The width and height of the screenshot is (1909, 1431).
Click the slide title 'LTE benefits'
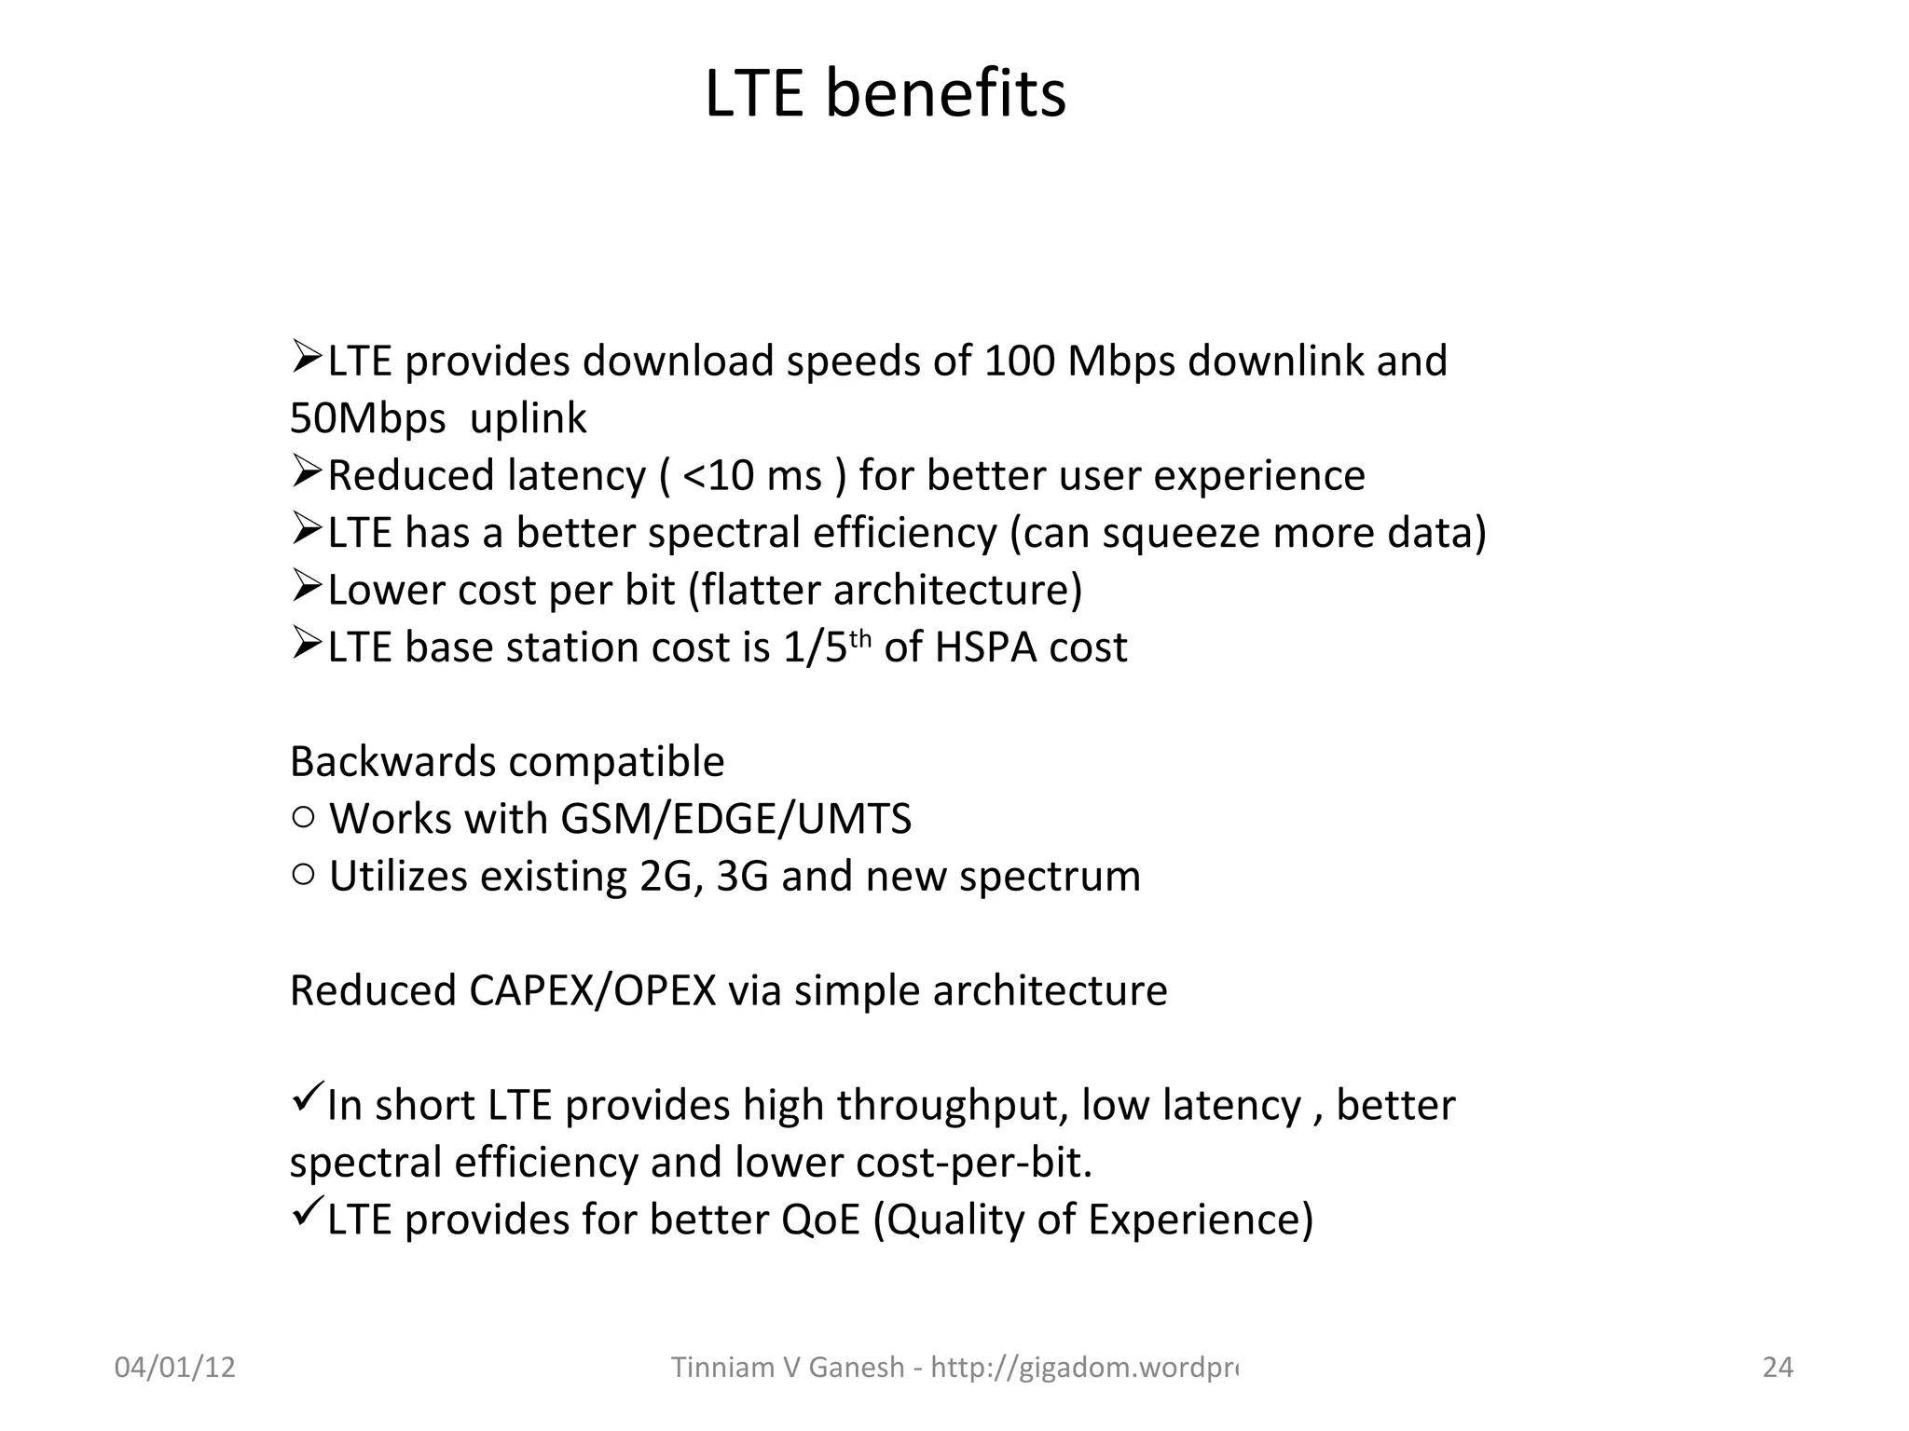[885, 94]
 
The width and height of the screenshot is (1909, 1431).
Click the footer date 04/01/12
[174, 1367]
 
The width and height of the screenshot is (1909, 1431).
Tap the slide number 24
[1778, 1367]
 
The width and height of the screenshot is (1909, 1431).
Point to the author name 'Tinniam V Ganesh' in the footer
[787, 1367]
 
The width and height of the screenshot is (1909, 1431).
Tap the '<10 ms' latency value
[752, 476]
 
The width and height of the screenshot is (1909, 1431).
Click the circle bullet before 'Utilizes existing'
[303, 875]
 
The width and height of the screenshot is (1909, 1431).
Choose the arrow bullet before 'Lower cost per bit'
[307, 586]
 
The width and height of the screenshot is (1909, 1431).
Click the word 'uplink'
[528, 418]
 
